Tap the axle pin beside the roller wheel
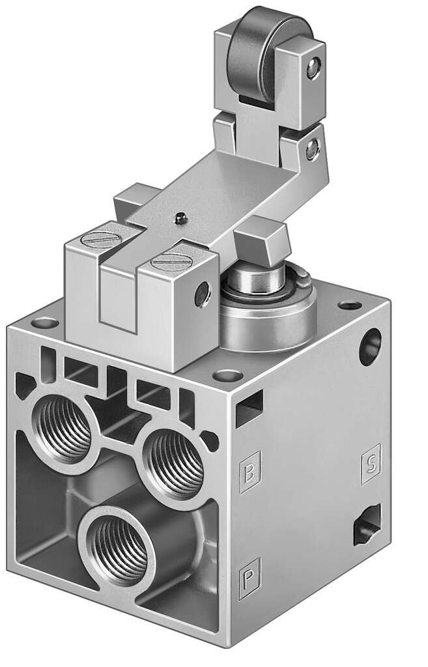click(x=315, y=65)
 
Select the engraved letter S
click(x=369, y=464)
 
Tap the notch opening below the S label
click(x=362, y=526)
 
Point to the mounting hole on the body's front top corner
click(x=227, y=375)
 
